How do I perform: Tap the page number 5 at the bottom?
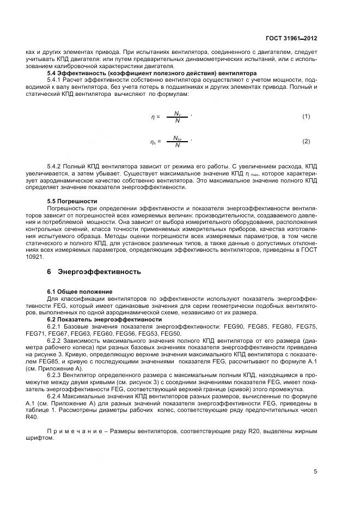coord(315,472)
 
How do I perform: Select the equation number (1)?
coord(306,117)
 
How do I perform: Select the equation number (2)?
coord(306,142)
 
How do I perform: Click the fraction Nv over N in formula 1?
coord(177,117)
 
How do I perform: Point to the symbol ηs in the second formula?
coord(153,142)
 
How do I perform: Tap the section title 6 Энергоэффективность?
coord(94,271)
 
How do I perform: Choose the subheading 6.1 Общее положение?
coord(80,292)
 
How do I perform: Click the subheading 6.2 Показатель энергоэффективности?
coord(104,319)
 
